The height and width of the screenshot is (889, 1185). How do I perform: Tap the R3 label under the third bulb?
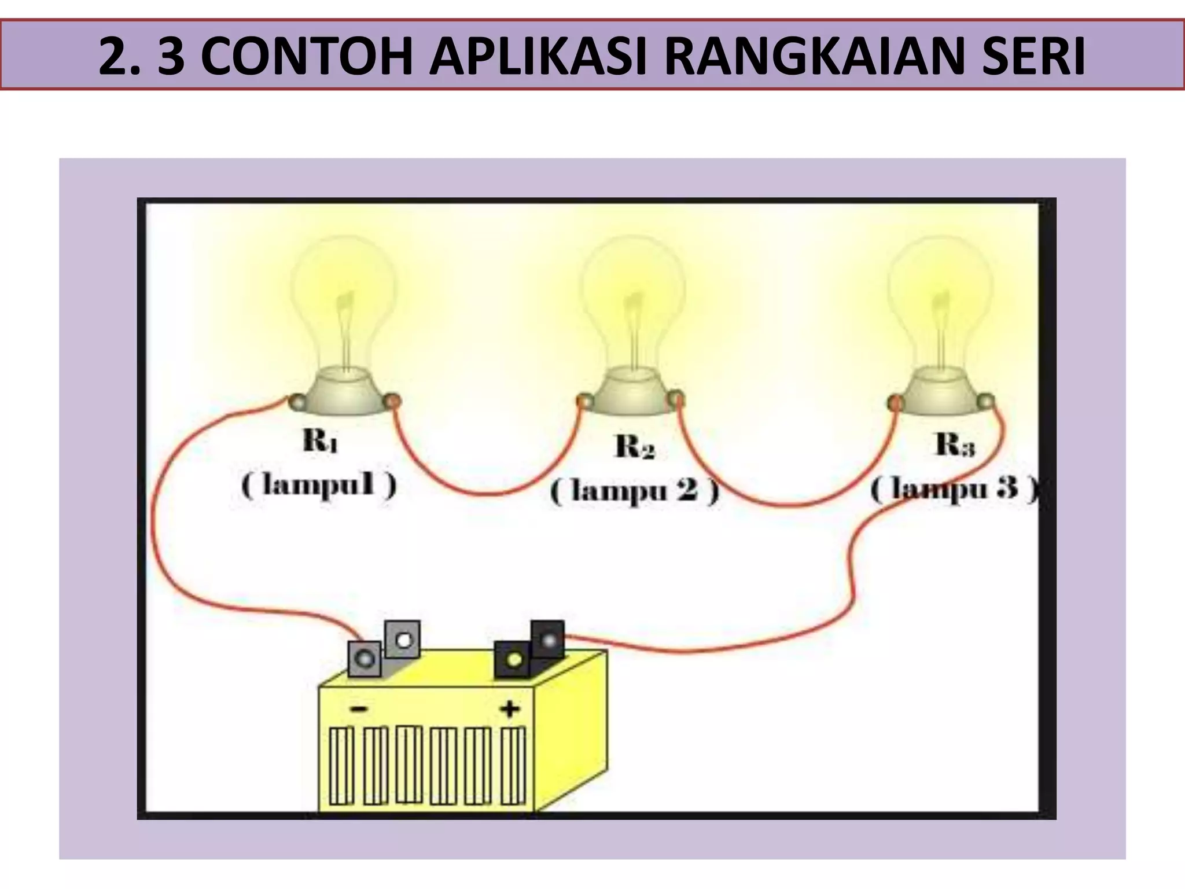click(x=955, y=444)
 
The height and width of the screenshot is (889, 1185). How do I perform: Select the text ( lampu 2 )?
click(x=634, y=492)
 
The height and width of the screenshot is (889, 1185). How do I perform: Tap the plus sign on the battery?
click(x=510, y=708)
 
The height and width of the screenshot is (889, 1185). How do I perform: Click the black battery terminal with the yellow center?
click(x=513, y=659)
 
